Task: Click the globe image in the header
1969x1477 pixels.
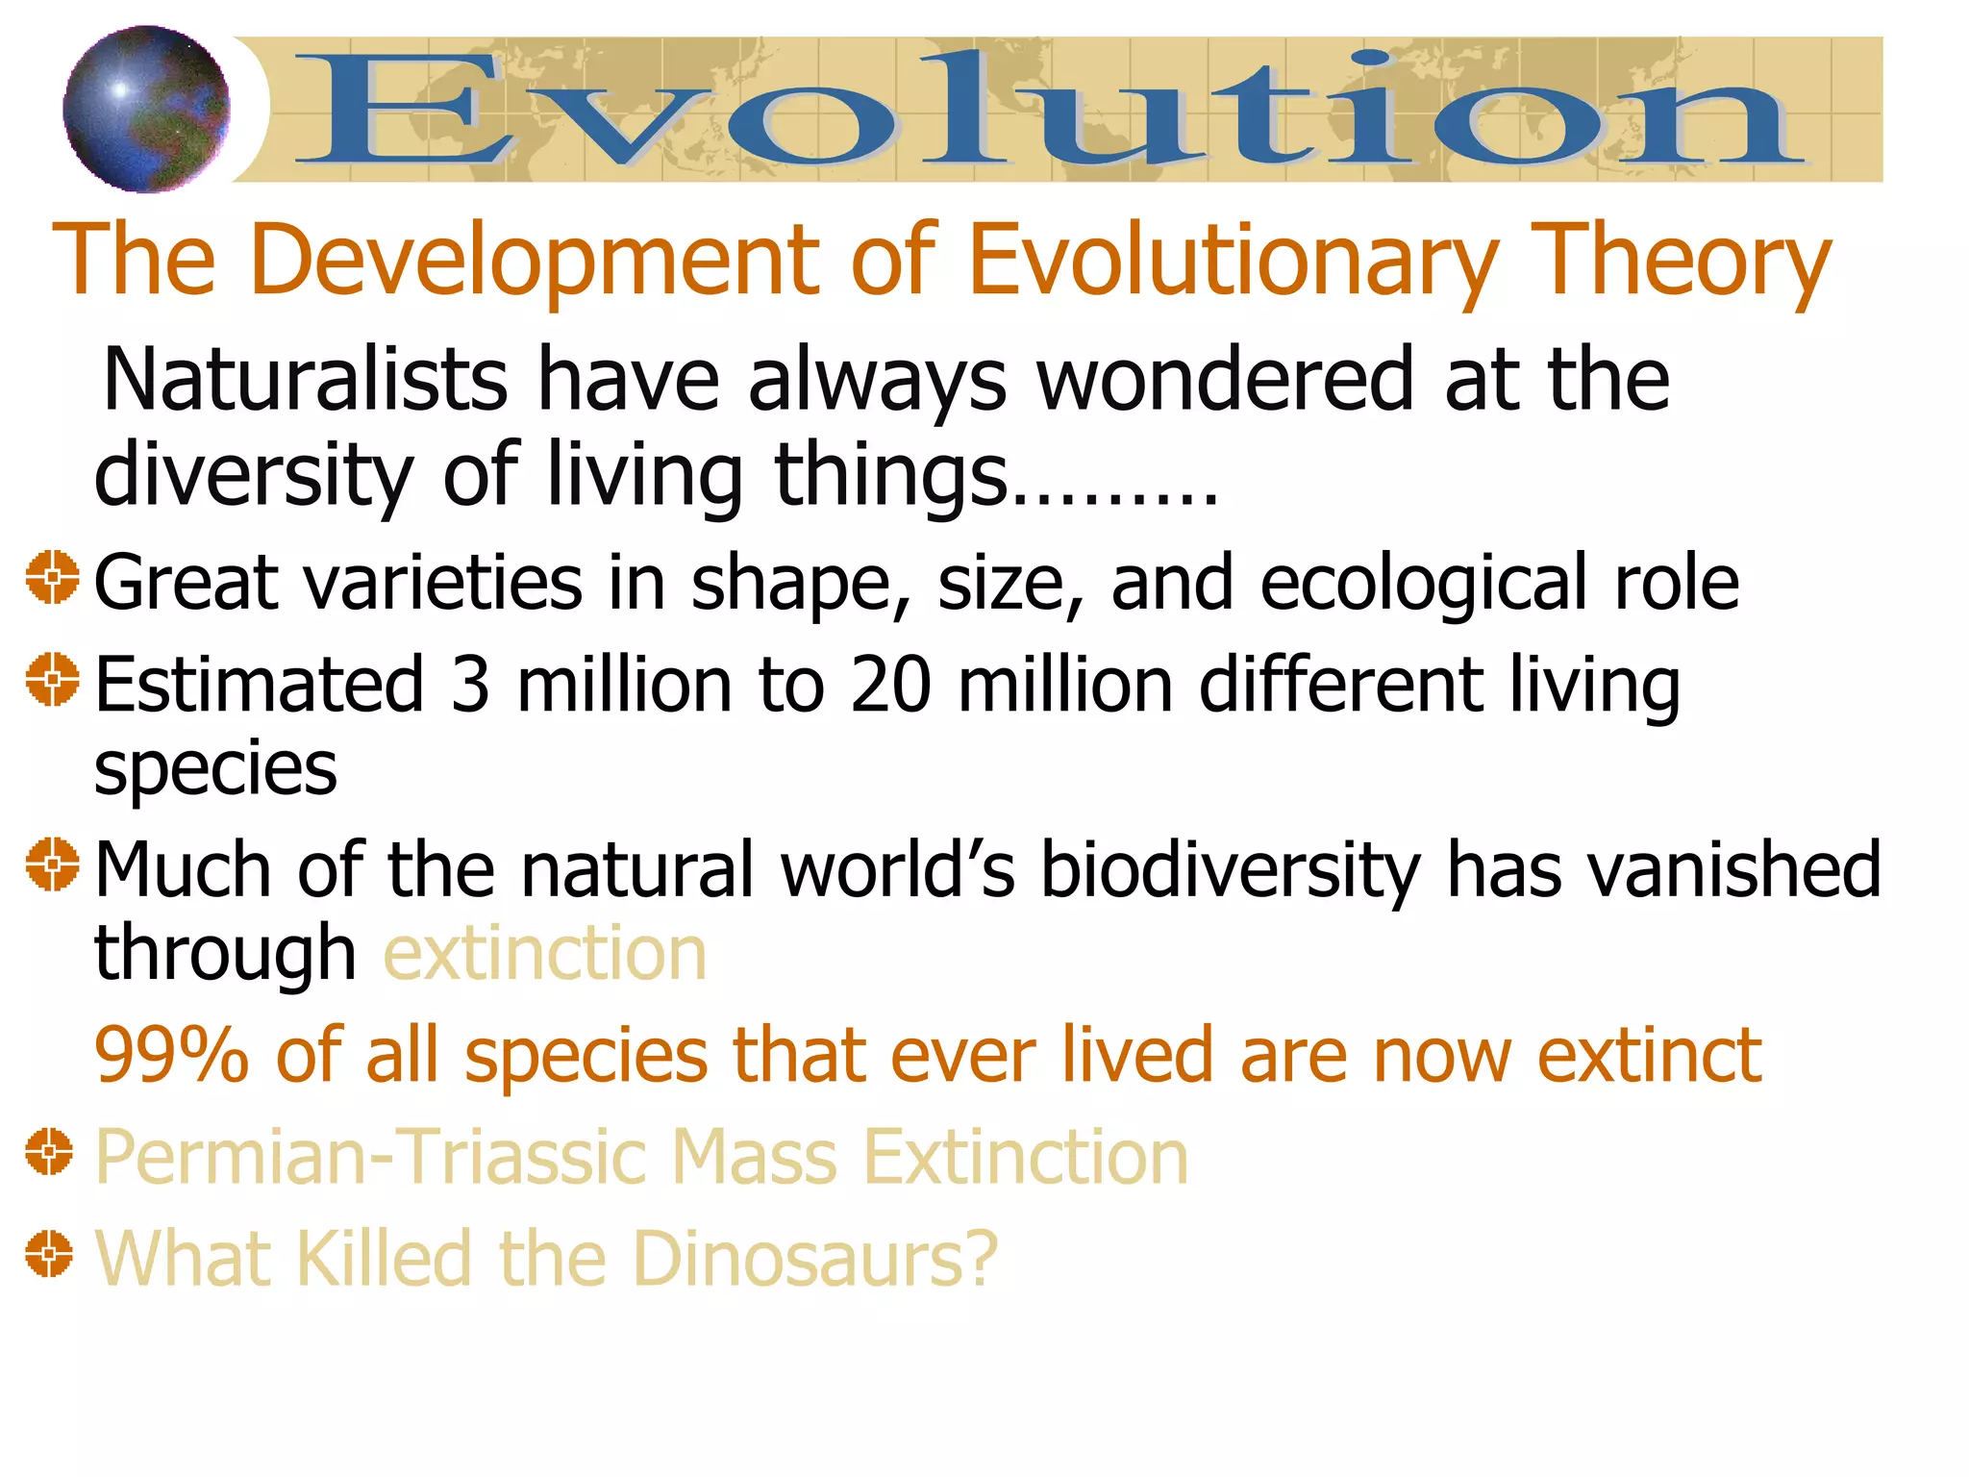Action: click(146, 109)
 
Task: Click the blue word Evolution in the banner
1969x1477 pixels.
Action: click(1048, 109)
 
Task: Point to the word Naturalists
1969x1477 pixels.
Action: click(305, 380)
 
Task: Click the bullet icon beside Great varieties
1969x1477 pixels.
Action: click(52, 578)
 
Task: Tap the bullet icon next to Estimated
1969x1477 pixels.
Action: click(52, 679)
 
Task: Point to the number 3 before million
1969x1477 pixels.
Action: click(470, 685)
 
